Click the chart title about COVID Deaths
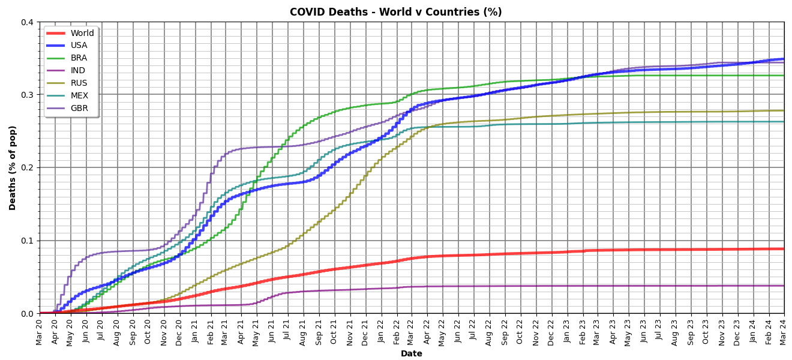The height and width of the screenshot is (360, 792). (395, 12)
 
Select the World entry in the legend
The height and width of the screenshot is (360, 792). (82, 33)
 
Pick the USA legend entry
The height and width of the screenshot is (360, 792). (79, 46)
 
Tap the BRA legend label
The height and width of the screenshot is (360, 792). (79, 58)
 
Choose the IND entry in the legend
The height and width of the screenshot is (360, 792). (78, 71)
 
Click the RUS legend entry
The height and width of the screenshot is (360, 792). (79, 83)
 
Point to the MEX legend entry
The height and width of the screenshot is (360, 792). (79, 96)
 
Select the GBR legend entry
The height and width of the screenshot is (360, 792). (79, 109)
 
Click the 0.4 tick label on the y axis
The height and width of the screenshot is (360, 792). (27, 22)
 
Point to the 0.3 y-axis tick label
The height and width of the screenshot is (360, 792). (27, 95)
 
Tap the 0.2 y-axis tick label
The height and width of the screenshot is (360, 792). (27, 167)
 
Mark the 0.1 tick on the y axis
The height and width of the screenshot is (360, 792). (27, 241)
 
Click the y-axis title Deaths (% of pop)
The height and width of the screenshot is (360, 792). (13, 168)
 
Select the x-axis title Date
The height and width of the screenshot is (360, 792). (412, 354)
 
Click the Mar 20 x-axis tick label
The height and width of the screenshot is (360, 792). (40, 331)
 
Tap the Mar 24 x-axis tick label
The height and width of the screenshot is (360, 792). (784, 331)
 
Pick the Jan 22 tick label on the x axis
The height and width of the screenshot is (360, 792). (381, 331)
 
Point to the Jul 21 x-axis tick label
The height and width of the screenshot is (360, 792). (288, 331)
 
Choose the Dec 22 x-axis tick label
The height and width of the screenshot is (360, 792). (551, 331)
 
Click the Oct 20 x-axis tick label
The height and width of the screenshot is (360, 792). (148, 331)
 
